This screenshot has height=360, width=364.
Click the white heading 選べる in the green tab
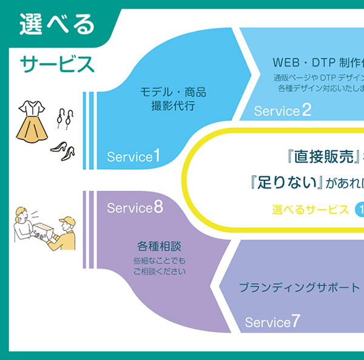[x=57, y=24]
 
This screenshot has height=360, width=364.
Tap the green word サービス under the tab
[x=57, y=63]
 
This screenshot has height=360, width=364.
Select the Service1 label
[x=133, y=156]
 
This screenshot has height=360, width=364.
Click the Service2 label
[x=283, y=110]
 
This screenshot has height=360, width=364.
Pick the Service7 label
[x=272, y=321]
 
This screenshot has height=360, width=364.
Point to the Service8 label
[x=135, y=208]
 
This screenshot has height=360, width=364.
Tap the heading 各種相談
[x=160, y=247]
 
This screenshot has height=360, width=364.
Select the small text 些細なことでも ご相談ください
[x=160, y=266]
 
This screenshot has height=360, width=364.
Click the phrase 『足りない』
[x=280, y=182]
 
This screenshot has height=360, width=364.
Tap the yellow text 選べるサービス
[x=311, y=210]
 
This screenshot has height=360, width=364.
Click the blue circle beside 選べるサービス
[x=359, y=210]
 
